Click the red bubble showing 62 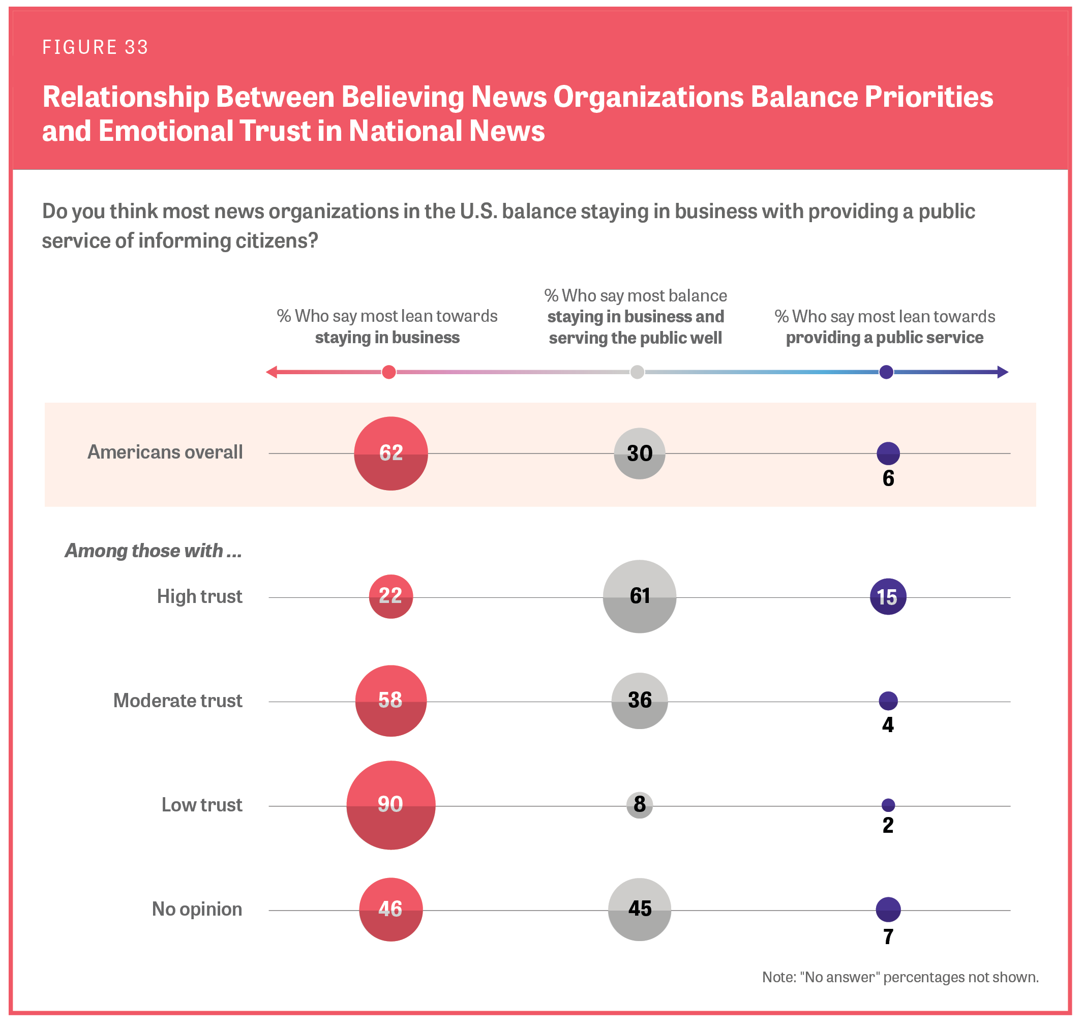tap(391, 453)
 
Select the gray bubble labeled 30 tap(639, 453)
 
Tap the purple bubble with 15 tap(888, 597)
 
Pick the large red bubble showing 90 tap(391, 805)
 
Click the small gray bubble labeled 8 tap(639, 805)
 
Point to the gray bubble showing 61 tap(639, 596)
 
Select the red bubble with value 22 tap(391, 596)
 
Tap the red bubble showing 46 tap(391, 910)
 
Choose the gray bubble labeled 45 tap(639, 910)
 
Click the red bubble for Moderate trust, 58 tap(391, 701)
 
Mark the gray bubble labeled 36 tap(639, 701)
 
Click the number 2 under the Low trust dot tap(888, 825)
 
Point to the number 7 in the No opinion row tap(888, 937)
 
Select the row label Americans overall tap(165, 452)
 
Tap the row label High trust tap(199, 596)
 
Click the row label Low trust tap(202, 805)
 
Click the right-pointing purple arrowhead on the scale tap(1003, 372)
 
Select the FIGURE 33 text tap(96, 47)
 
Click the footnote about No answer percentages tap(900, 977)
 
